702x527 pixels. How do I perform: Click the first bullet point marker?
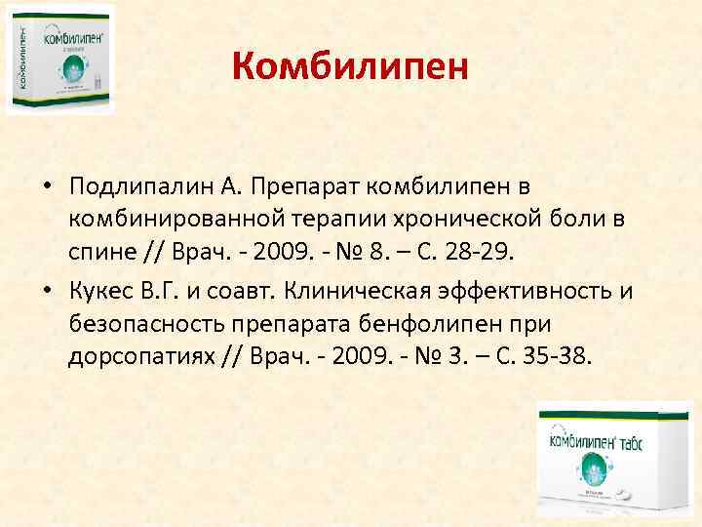pyautogui.click(x=47, y=186)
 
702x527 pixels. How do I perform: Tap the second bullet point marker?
pyautogui.click(x=47, y=290)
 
